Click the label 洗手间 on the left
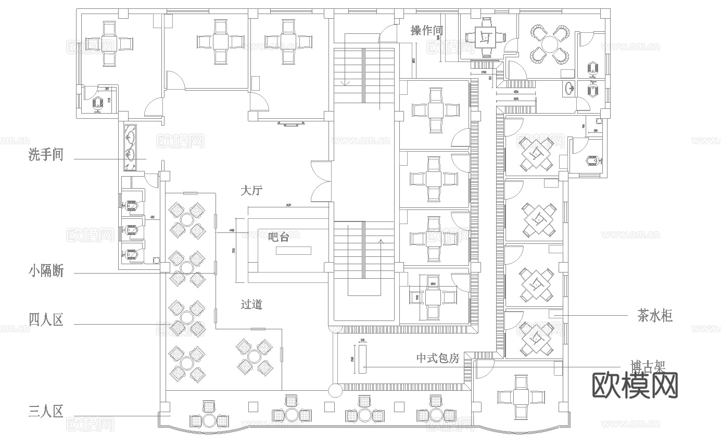pyautogui.click(x=46, y=155)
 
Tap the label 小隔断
pyautogui.click(x=46, y=271)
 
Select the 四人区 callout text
pyautogui.click(x=46, y=319)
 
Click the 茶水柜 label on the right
pyautogui.click(x=655, y=316)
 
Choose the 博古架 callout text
pyautogui.click(x=648, y=366)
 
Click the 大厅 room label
pyautogui.click(x=251, y=191)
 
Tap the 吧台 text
pyautogui.click(x=278, y=237)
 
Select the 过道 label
pyautogui.click(x=251, y=304)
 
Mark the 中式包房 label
pyautogui.click(x=437, y=359)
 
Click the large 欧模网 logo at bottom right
pyautogui.click(x=635, y=386)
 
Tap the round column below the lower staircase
pyautogui.click(x=334, y=390)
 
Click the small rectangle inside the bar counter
pyautogui.click(x=293, y=251)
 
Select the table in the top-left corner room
pyautogui.click(x=109, y=43)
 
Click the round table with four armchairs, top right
pyautogui.click(x=549, y=45)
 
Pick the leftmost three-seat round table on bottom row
pyautogui.click(x=210, y=419)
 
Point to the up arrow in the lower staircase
pyautogui.click(x=380, y=242)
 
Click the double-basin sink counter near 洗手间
pyautogui.click(x=130, y=147)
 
